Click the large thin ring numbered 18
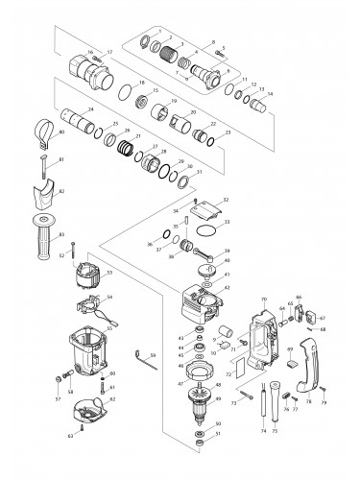coord(125,91)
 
